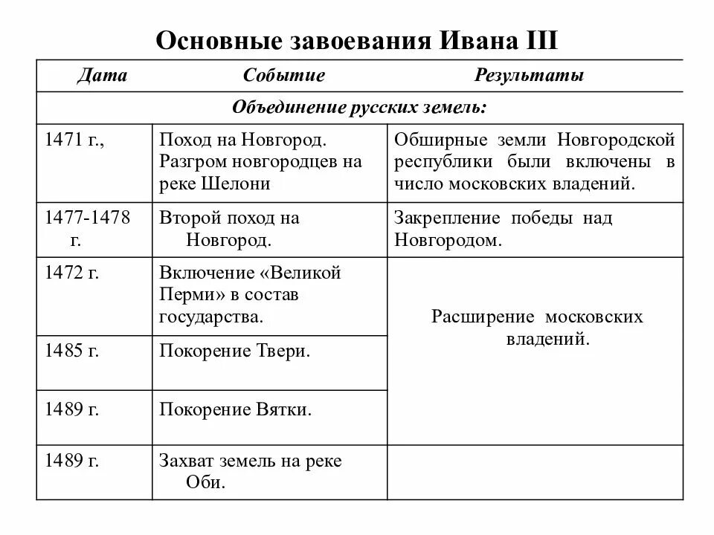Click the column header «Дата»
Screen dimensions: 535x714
pos(102,76)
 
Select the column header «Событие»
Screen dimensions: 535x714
pos(283,76)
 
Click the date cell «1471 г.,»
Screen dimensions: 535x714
pos(74,139)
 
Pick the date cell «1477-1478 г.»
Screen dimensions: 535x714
pos(88,228)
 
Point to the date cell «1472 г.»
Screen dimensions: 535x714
pos(72,273)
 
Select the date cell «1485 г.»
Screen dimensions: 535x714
pos(72,351)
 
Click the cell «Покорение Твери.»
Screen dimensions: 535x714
pos(234,351)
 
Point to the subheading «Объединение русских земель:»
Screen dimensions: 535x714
pos(359,108)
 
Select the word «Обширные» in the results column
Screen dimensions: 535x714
pos(438,140)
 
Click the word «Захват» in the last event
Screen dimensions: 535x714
pos(184,461)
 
